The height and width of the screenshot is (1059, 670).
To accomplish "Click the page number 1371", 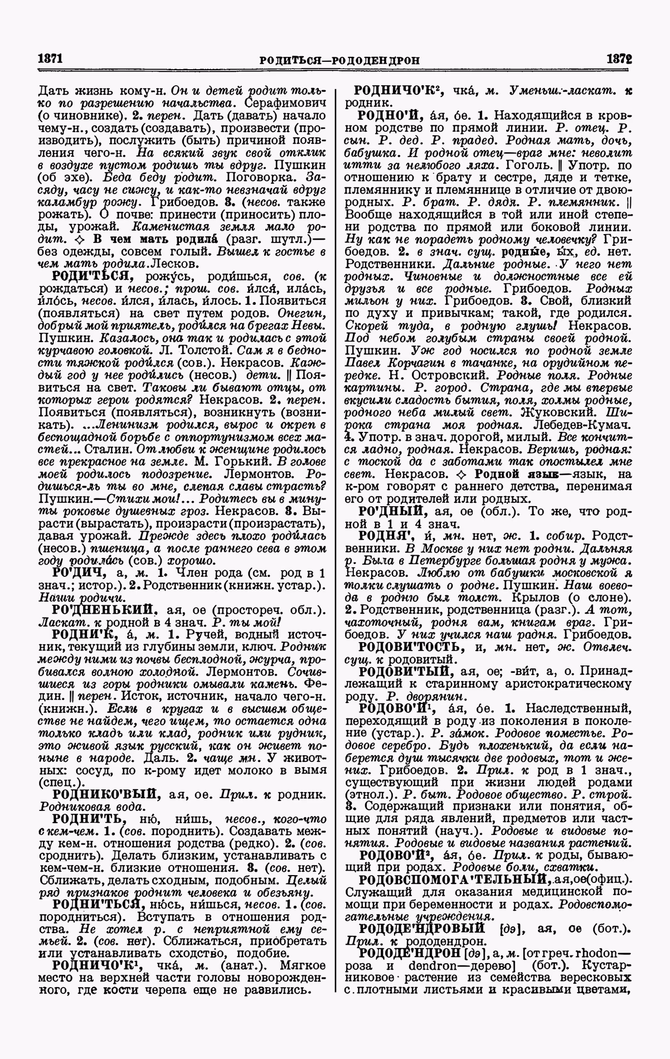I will [x=49, y=59].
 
